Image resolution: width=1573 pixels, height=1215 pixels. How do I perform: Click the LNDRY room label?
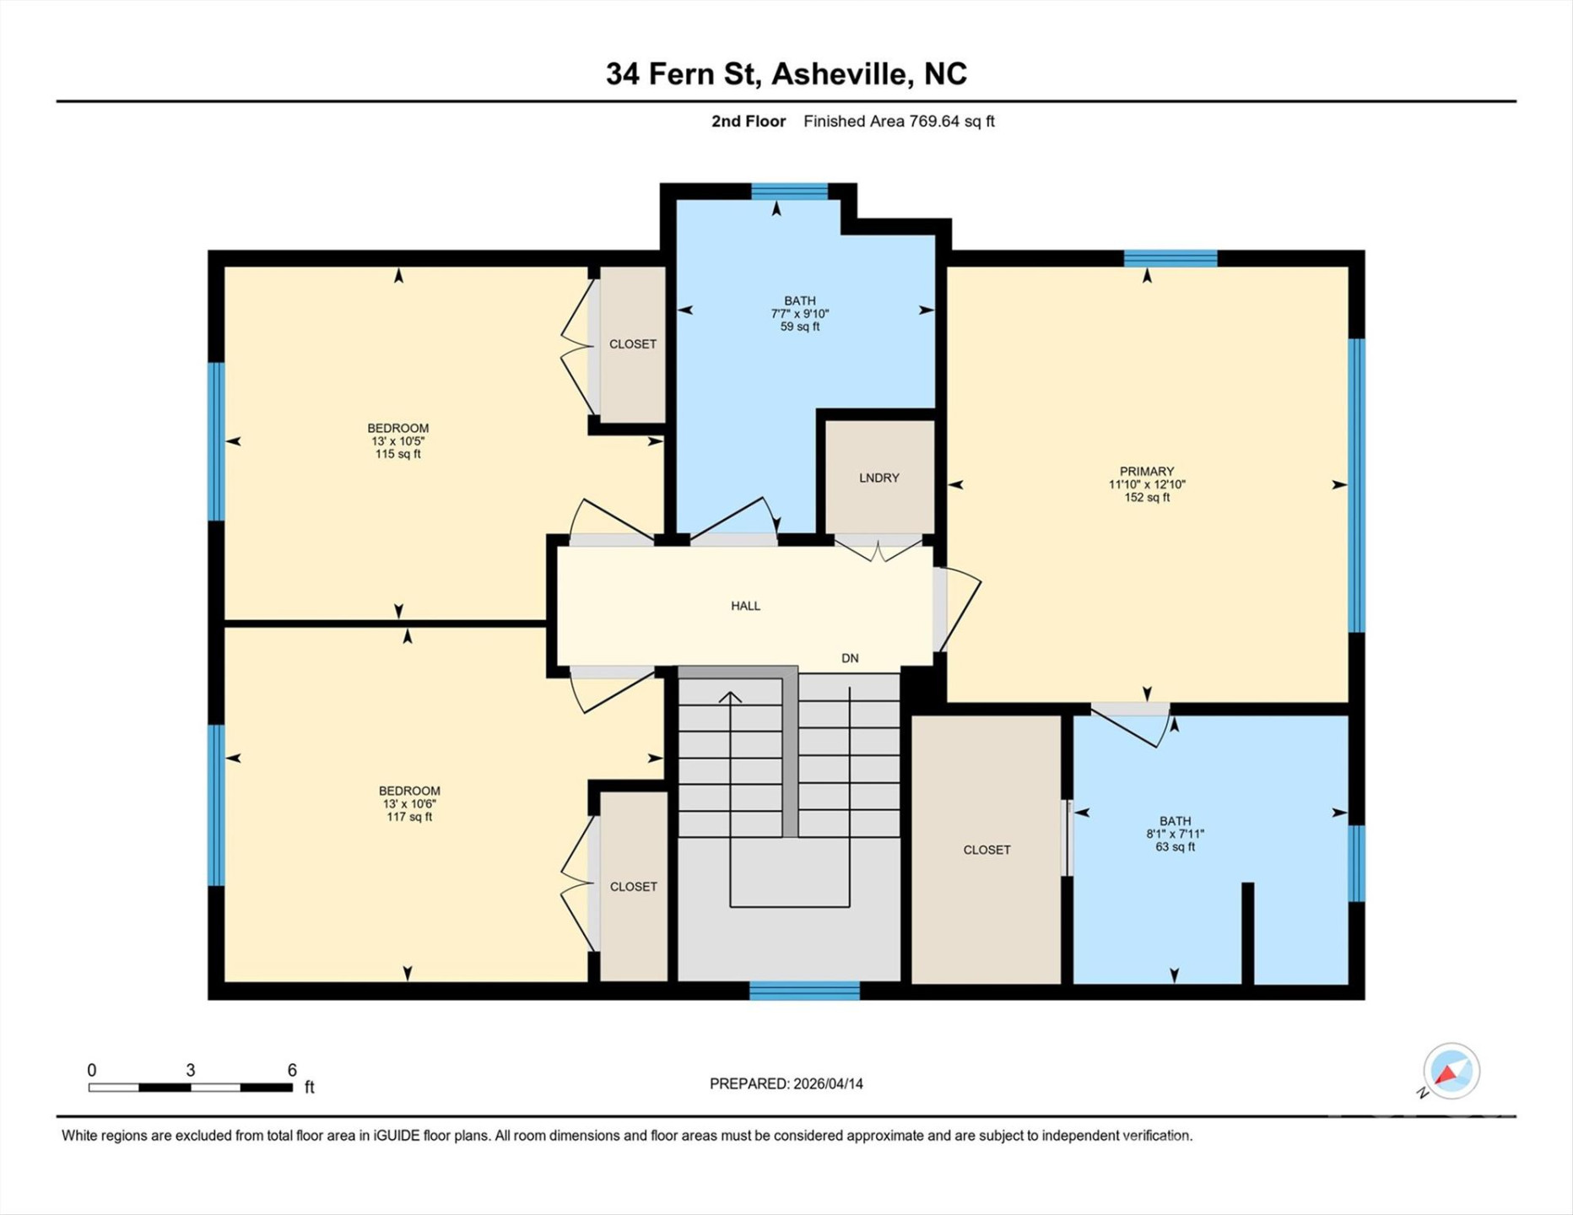pyautogui.click(x=878, y=478)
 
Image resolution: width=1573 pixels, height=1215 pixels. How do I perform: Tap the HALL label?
pyautogui.click(x=745, y=606)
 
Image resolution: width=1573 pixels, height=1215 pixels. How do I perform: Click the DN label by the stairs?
pyautogui.click(x=850, y=658)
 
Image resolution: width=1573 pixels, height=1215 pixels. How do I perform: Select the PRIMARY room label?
pyautogui.click(x=1146, y=472)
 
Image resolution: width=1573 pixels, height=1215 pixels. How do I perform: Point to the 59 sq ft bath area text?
pyautogui.click(x=799, y=327)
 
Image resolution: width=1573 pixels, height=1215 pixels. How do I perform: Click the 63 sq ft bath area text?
pyautogui.click(x=1175, y=847)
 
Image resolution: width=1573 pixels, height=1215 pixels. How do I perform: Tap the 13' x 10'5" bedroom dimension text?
pyautogui.click(x=397, y=441)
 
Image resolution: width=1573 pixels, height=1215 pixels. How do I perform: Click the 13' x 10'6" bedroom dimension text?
pyautogui.click(x=408, y=804)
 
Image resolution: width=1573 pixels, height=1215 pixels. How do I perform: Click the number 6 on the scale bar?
pyautogui.click(x=292, y=1070)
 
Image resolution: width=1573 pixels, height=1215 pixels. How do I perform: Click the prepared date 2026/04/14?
pyautogui.click(x=827, y=1083)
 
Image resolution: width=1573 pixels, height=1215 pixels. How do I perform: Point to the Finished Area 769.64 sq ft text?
pyautogui.click(x=899, y=121)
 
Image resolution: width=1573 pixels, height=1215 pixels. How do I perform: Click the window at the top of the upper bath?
pyautogui.click(x=789, y=192)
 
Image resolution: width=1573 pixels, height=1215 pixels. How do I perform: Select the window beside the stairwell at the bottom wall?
pyautogui.click(x=804, y=991)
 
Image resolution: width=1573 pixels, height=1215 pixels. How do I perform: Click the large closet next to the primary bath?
pyautogui.click(x=986, y=849)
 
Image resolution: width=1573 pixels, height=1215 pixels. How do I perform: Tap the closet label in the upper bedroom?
pyautogui.click(x=632, y=344)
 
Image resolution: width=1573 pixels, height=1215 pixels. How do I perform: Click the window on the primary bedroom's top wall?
pyautogui.click(x=1170, y=258)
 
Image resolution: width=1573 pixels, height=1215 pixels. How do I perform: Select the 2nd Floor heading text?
pyautogui.click(x=748, y=121)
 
